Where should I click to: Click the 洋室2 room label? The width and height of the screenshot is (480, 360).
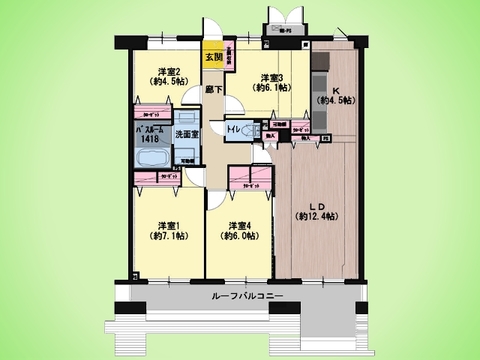pos(165,71)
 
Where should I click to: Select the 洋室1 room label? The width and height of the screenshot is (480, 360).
pos(164,225)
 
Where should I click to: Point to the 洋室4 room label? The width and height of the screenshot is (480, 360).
pos(236,225)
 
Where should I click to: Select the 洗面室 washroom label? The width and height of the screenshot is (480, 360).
pos(186,134)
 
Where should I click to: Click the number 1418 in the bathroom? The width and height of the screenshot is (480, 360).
pos(149,141)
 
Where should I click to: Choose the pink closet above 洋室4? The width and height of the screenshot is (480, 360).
pos(245,180)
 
